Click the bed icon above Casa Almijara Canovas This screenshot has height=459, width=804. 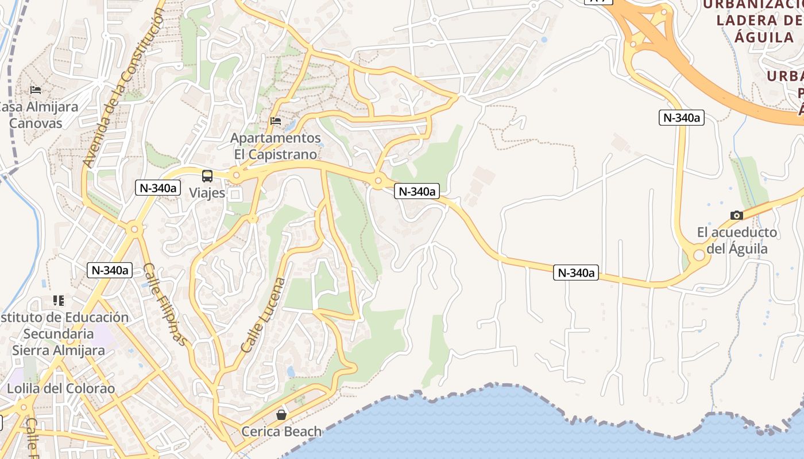36,90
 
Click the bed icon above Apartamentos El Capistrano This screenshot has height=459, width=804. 276,121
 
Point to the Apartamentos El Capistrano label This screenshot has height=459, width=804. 276,146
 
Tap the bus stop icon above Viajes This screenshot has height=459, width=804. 207,176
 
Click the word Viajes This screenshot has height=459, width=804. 207,193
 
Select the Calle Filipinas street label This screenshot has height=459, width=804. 165,304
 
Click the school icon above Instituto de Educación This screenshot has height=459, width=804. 58,301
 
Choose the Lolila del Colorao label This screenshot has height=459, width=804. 61,388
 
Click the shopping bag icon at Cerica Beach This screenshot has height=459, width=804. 281,415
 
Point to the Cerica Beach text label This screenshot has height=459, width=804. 281,431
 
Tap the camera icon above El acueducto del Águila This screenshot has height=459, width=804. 736,216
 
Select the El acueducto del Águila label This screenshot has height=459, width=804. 736,240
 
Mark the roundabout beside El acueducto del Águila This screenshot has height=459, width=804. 699,255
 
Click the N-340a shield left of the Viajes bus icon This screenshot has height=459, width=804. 157,188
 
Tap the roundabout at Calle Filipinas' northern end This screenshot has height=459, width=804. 134,229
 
